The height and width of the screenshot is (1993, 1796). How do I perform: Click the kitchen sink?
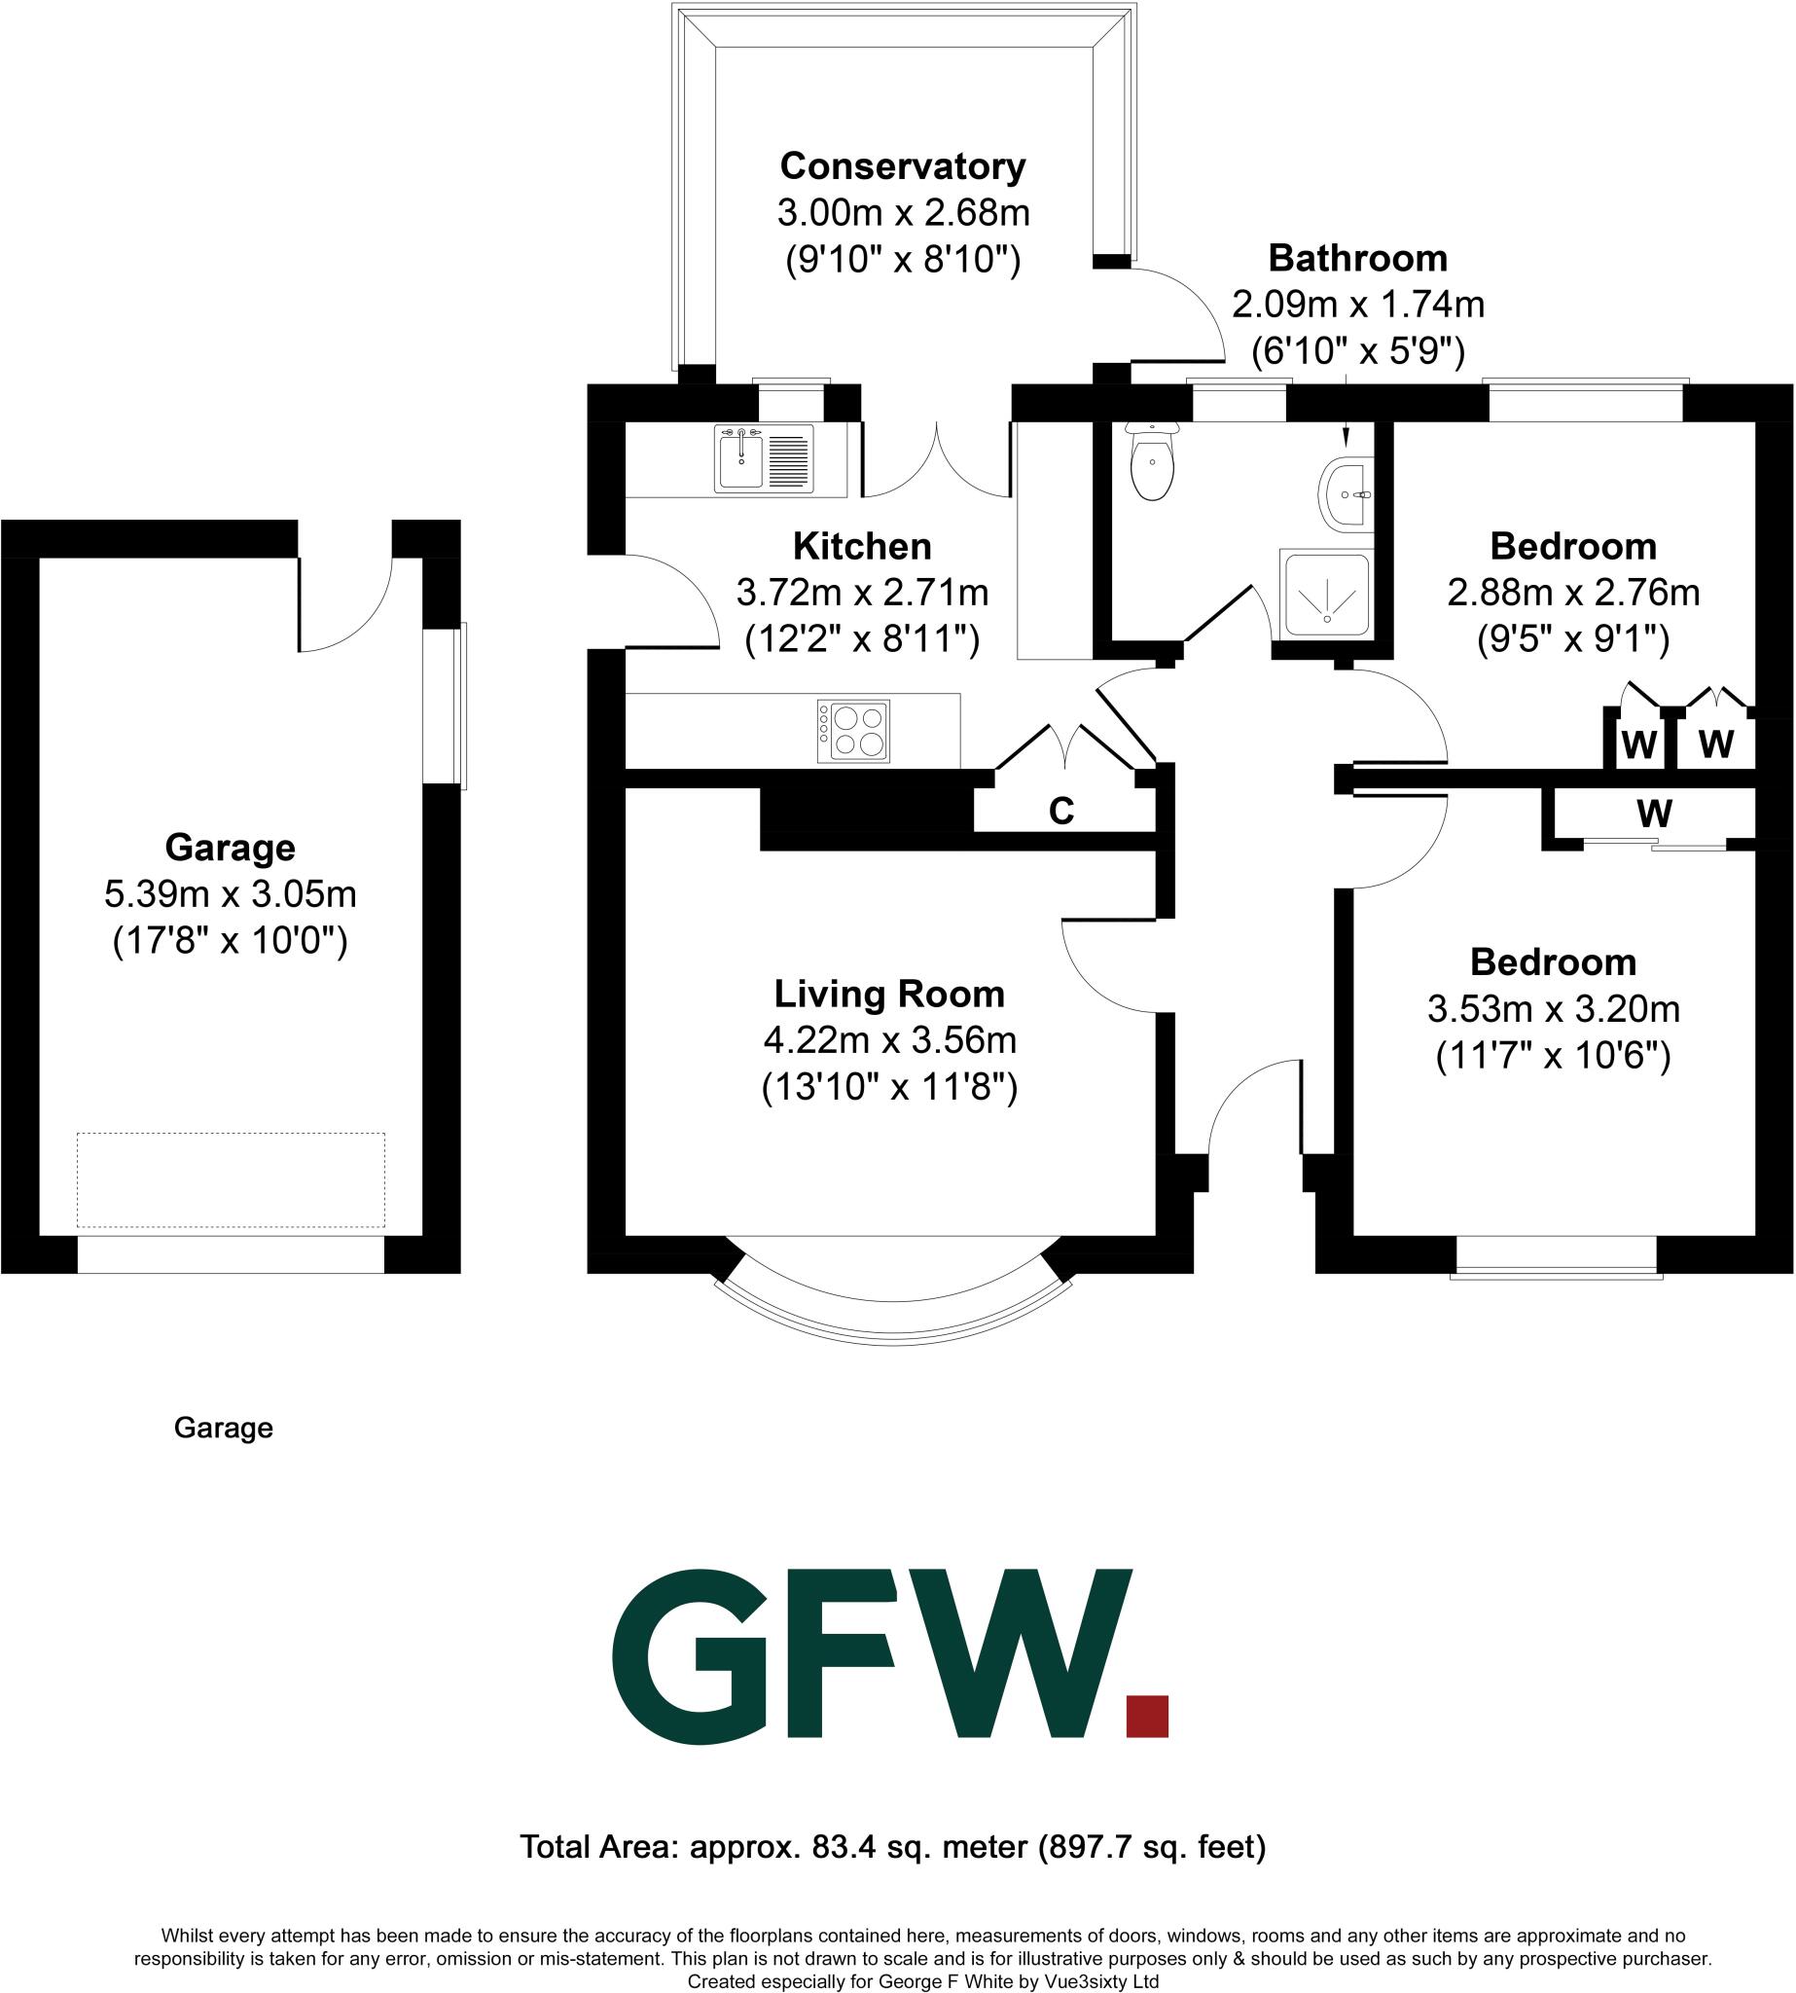pos(765,458)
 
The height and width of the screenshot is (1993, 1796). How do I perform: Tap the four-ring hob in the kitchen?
pos(853,732)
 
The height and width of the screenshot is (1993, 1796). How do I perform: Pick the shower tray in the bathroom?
pos(1327,594)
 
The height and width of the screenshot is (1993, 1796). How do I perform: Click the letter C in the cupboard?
pos(1060,812)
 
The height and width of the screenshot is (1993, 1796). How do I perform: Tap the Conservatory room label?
pos(902,165)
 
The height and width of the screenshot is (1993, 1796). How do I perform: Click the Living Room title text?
pos(889,994)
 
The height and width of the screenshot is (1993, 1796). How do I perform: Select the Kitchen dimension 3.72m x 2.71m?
pos(862,593)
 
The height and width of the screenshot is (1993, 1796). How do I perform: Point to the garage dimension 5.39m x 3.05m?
pos(230,894)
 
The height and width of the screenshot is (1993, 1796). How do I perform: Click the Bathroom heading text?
pos(1358,258)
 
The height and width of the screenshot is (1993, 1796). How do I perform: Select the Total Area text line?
pos(893,1846)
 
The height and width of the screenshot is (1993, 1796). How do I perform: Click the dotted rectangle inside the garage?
pos(231,1179)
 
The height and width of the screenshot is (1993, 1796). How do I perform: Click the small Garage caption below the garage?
pos(223,1429)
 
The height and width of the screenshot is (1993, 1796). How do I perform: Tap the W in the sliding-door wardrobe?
pos(1654,815)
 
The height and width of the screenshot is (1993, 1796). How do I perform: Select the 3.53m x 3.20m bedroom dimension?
pos(1553,1009)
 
